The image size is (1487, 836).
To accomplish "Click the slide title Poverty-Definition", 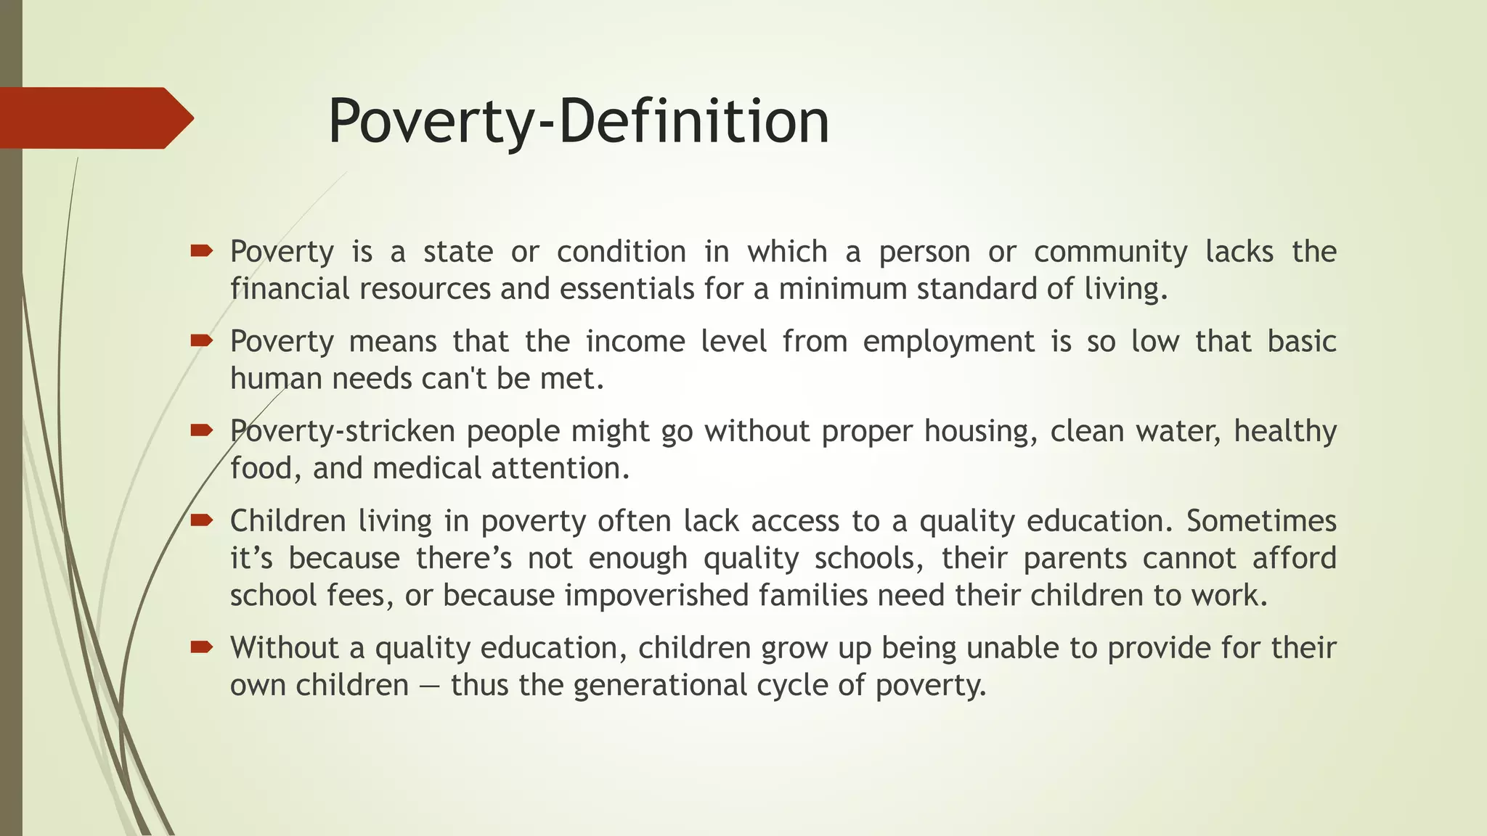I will [578, 121].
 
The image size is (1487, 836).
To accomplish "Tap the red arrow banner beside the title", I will [94, 118].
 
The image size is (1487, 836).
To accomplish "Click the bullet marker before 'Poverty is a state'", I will [201, 251].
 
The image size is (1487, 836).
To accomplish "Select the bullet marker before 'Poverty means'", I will [201, 340].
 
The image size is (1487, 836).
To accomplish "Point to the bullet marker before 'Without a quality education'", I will [201, 647].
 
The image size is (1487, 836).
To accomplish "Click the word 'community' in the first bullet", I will [1110, 253].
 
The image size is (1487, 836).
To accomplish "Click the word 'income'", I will [635, 342].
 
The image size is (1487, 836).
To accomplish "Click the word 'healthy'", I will [1285, 432].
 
